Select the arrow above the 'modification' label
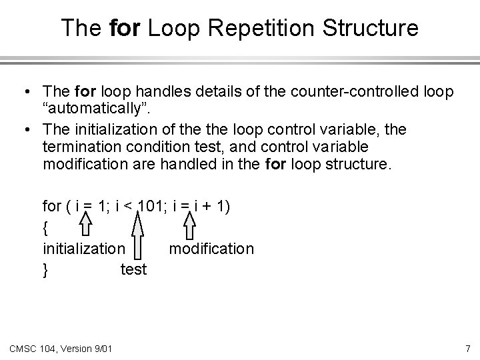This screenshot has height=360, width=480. [x=190, y=227]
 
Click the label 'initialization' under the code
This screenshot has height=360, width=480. [x=83, y=249]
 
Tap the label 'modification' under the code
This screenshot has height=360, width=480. [x=211, y=249]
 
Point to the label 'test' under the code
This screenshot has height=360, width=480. [x=133, y=271]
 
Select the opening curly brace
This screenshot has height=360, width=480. [x=45, y=228]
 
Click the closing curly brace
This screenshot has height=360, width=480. [x=45, y=271]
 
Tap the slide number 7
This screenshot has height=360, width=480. [x=467, y=348]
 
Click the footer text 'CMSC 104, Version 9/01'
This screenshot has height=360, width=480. [x=61, y=348]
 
